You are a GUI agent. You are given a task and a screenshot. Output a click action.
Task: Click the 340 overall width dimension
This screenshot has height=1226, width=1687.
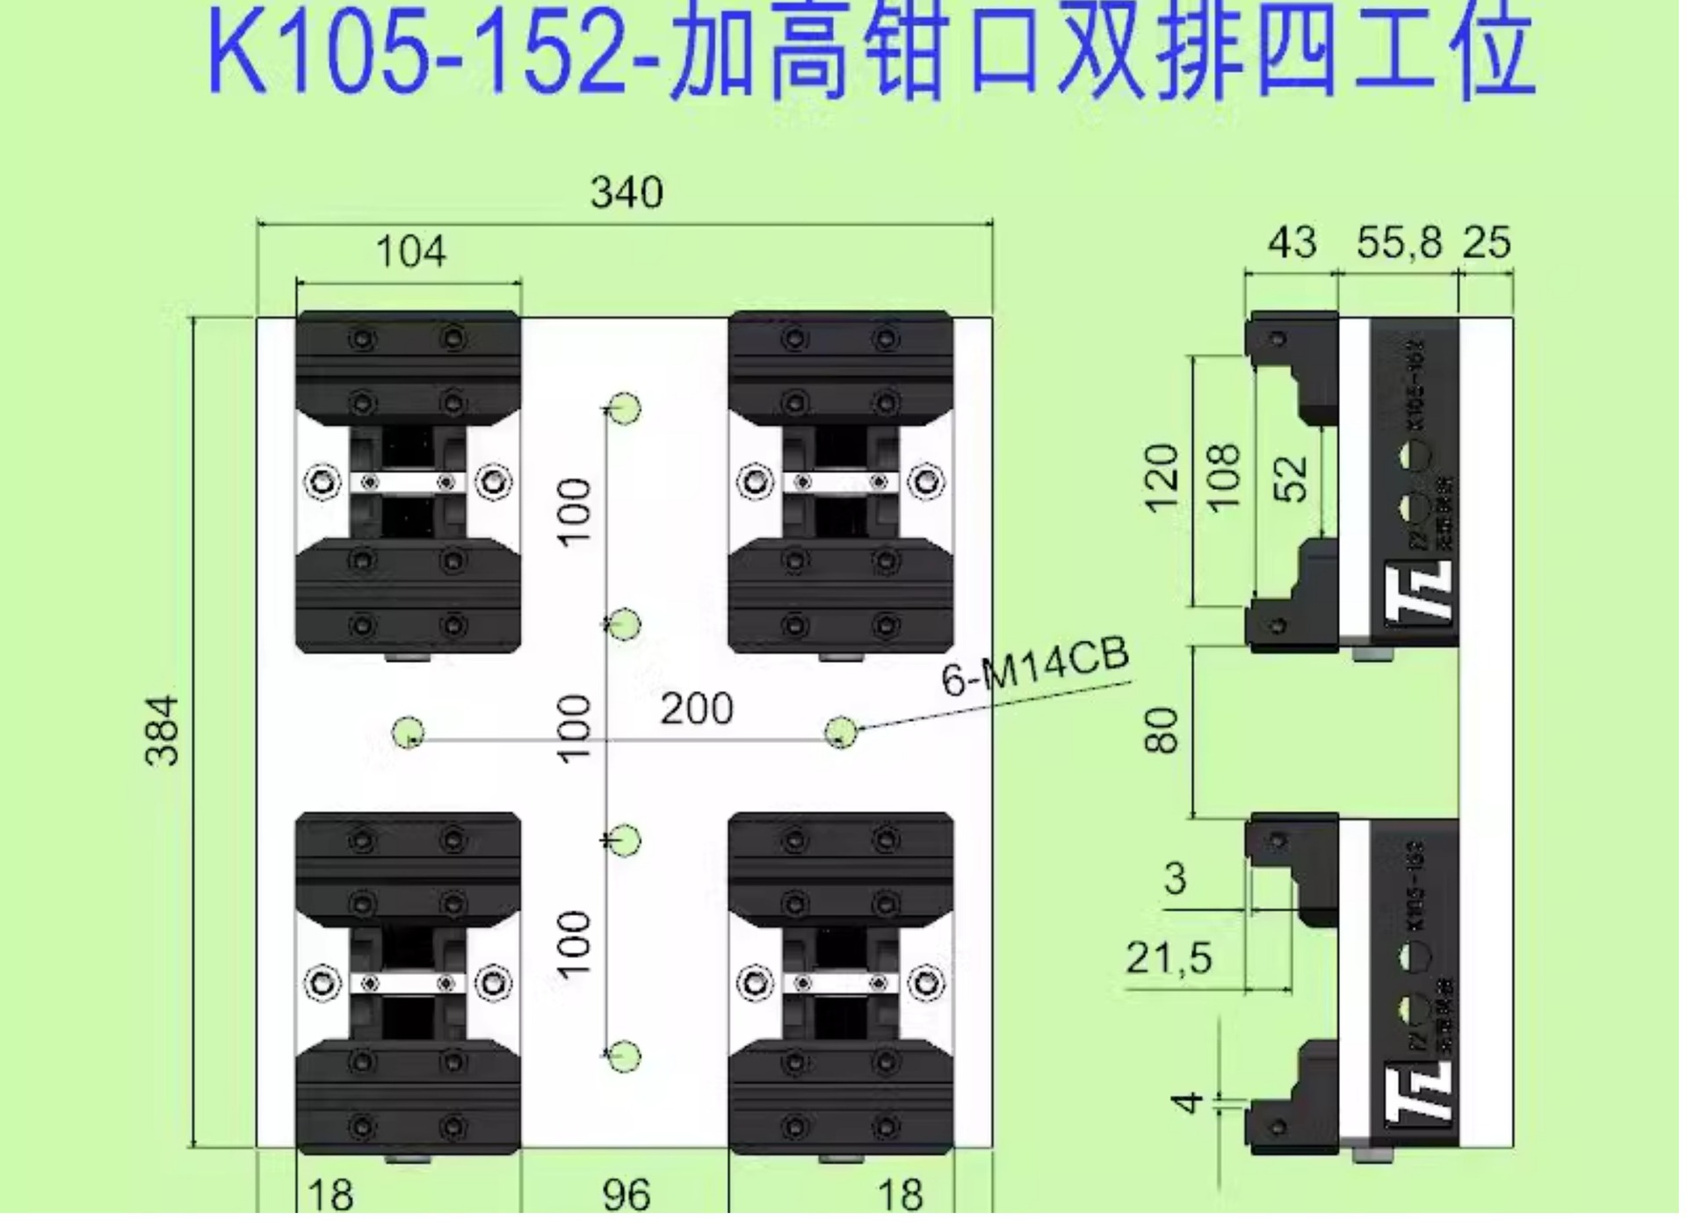(626, 193)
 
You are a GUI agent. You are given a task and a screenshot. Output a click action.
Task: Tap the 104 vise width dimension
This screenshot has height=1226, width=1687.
(410, 253)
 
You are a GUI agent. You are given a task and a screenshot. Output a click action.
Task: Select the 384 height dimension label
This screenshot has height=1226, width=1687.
(163, 732)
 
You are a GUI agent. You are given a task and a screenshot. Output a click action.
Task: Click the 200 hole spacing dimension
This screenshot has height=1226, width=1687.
(696, 710)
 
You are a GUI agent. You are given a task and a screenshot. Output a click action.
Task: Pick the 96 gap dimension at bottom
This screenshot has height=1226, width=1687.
(626, 1194)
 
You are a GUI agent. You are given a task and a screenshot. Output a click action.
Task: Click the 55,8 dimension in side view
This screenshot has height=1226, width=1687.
(1399, 242)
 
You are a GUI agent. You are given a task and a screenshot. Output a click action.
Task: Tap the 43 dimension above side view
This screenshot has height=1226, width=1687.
(1292, 242)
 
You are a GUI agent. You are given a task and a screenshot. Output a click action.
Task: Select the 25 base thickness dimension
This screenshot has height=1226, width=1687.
(1487, 242)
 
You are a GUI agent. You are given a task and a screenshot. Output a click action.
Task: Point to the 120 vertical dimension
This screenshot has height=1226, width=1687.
(1162, 479)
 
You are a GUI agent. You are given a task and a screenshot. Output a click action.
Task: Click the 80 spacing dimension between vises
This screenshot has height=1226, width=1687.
(1162, 732)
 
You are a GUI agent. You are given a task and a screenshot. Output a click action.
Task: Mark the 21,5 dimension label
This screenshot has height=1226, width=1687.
(1169, 958)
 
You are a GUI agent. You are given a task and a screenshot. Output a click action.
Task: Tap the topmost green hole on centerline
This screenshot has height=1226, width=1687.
(625, 409)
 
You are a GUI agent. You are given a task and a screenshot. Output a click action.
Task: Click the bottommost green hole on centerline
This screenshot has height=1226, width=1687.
(625, 1057)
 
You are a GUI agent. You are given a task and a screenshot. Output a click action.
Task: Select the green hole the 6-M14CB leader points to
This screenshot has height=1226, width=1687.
(841, 732)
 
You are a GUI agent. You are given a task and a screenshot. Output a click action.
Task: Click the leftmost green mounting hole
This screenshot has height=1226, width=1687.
(408, 732)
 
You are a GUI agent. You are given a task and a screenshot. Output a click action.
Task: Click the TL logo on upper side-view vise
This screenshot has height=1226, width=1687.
(1418, 591)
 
